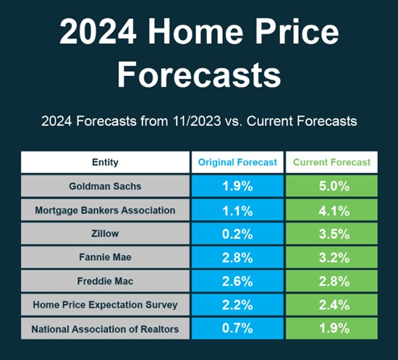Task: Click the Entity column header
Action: (105, 162)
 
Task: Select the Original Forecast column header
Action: (237, 162)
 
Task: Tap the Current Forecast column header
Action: (331, 162)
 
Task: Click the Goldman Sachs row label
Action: (105, 186)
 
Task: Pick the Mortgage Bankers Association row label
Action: (105, 210)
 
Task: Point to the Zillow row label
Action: (105, 233)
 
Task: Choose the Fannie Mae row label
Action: (105, 257)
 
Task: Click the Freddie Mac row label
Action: (105, 281)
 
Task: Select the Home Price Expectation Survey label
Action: (105, 305)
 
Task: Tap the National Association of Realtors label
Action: (105, 329)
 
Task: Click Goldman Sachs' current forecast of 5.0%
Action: (331, 186)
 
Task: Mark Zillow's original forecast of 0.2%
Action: (237, 234)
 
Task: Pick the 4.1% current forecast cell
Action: (331, 210)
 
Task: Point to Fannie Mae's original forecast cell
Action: (237, 257)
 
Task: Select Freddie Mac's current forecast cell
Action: (331, 281)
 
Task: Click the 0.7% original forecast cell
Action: (237, 329)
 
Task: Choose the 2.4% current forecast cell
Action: (331, 305)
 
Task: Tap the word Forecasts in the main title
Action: (199, 75)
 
